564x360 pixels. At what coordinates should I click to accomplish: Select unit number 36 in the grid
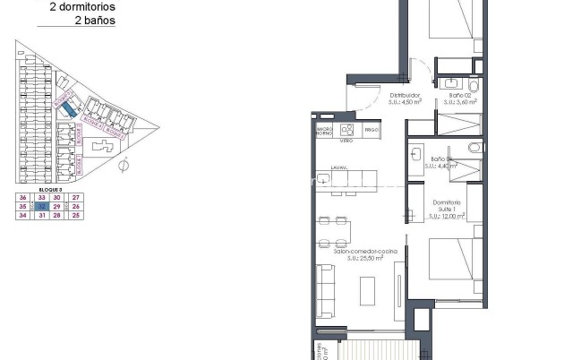point(22,197)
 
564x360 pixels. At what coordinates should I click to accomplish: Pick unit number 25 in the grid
point(76,215)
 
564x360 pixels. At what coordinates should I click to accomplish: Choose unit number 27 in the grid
point(76,197)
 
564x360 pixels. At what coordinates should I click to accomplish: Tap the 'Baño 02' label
point(460,95)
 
